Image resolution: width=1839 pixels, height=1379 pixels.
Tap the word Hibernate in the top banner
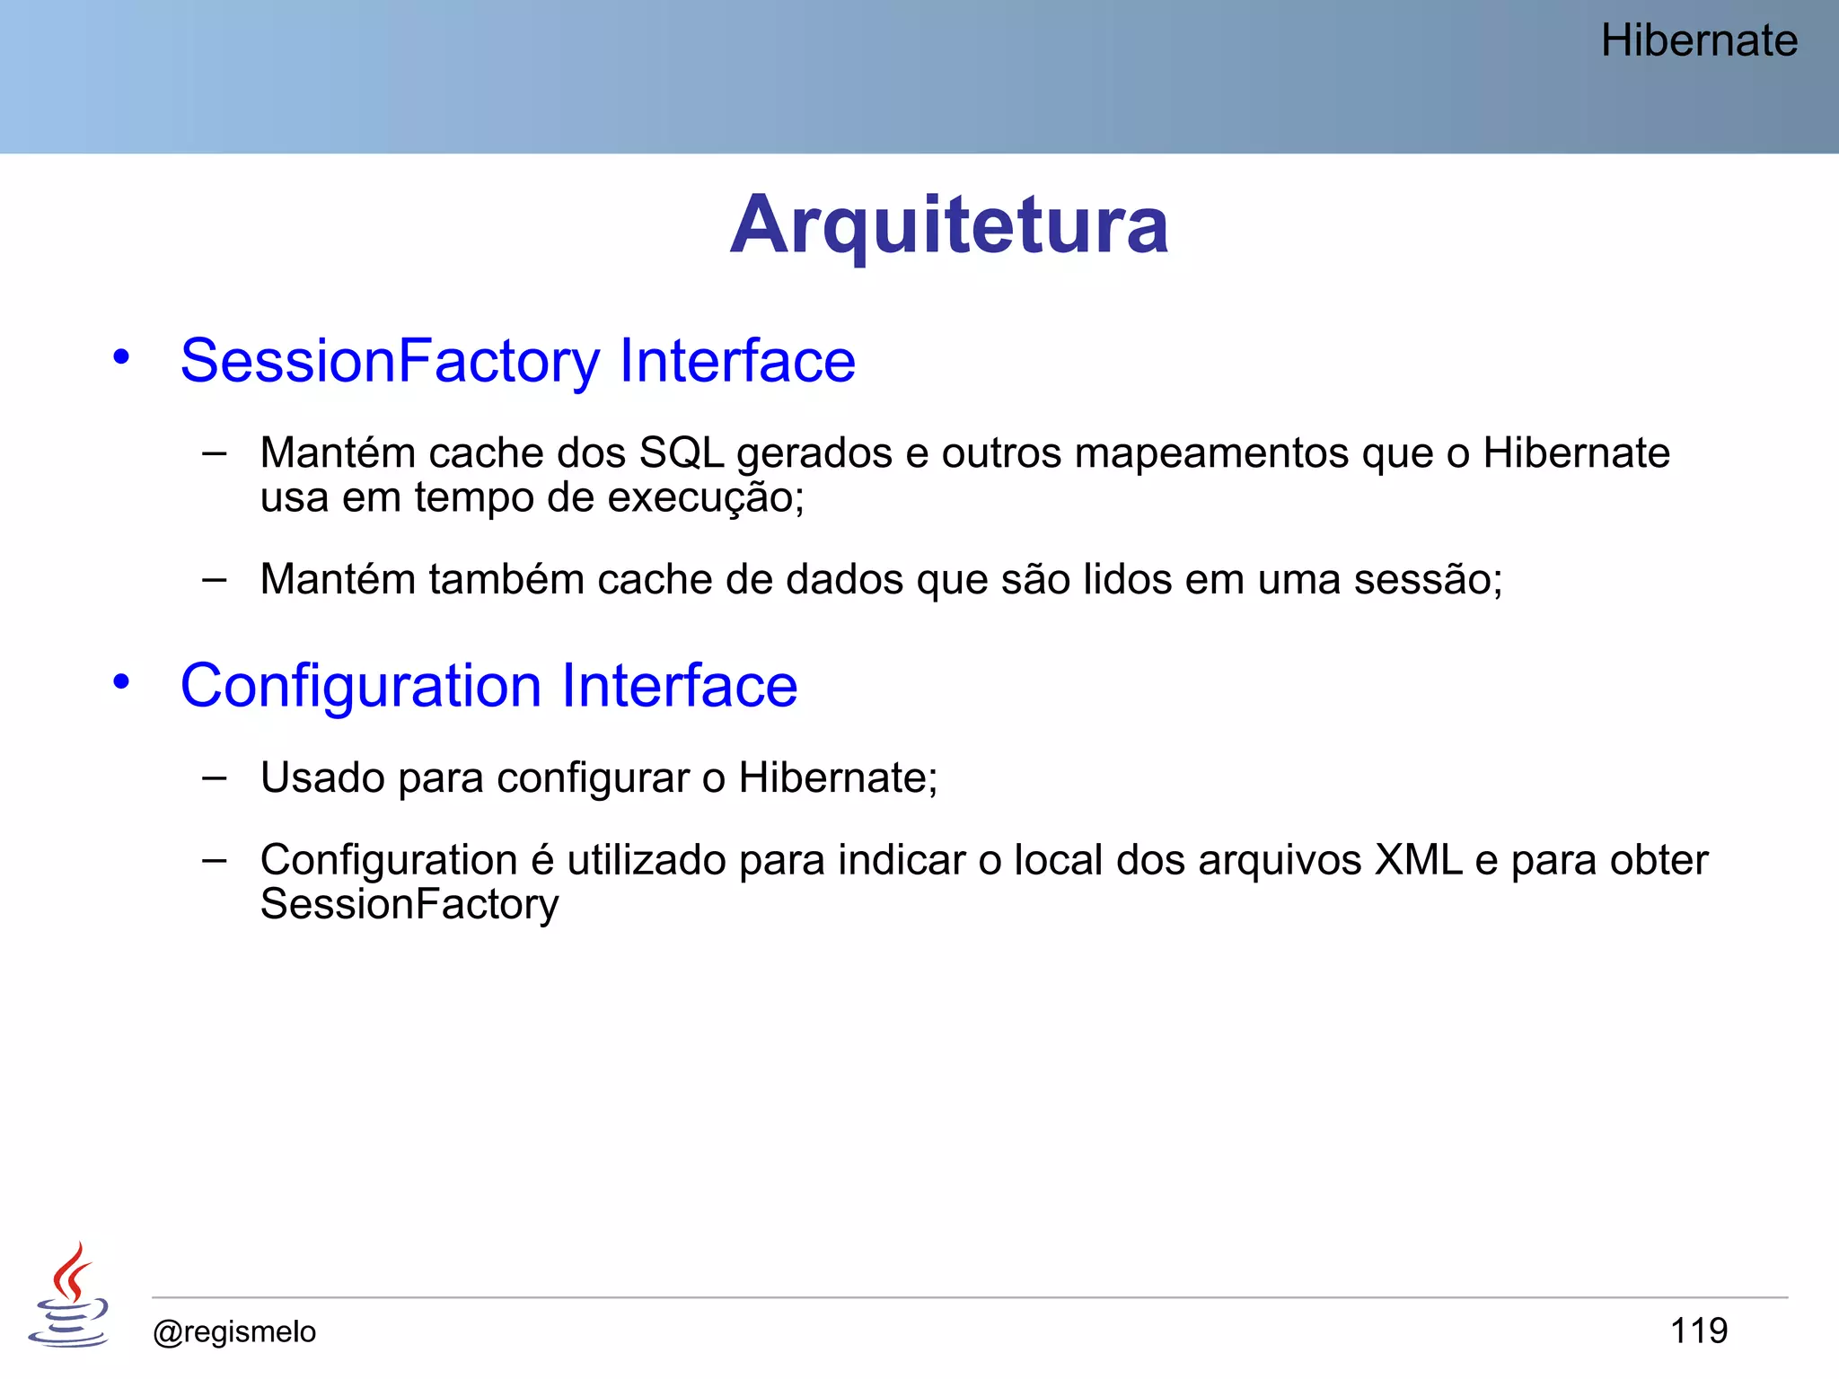click(x=1699, y=41)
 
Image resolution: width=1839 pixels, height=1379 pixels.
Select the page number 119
click(x=1699, y=1331)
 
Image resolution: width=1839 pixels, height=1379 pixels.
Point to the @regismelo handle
click(x=234, y=1331)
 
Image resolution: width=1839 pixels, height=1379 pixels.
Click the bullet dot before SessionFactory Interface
click(x=121, y=357)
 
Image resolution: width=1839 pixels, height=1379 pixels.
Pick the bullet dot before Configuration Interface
click(x=121, y=682)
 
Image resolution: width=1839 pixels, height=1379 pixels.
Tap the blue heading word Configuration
click(x=361, y=686)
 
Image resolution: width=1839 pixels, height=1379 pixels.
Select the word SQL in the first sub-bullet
click(x=682, y=453)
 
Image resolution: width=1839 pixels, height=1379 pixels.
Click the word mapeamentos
click(x=1211, y=453)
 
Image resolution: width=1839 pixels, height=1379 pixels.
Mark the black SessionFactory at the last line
click(x=409, y=905)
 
